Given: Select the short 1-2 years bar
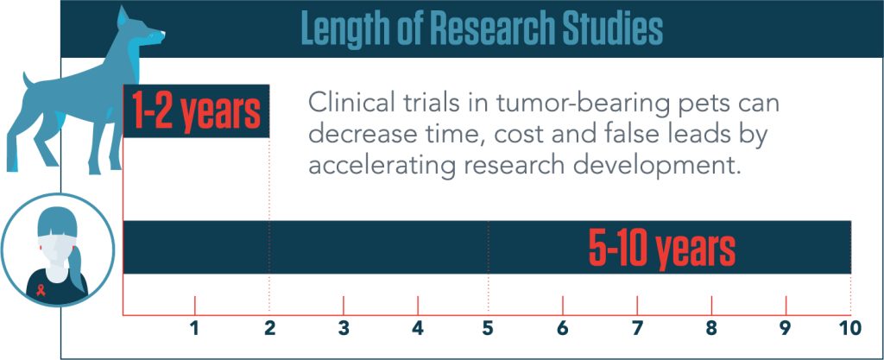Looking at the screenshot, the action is pos(196,111).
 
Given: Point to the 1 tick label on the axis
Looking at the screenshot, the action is pos(194,328).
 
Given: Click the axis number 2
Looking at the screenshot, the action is pos(269,328).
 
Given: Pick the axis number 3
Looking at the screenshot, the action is pos(344,328).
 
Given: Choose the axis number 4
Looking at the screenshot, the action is pos(418,328).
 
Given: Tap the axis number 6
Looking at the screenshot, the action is pos(563,328).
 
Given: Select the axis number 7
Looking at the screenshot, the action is pos(637,328).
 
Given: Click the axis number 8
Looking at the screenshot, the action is pos(711,328).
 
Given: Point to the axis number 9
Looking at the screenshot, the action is pos(786,328).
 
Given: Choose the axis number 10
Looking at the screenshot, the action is pos(851,328).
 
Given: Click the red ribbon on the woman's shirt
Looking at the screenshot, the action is pos(41,290).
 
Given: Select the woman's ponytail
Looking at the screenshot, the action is pos(77,265).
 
